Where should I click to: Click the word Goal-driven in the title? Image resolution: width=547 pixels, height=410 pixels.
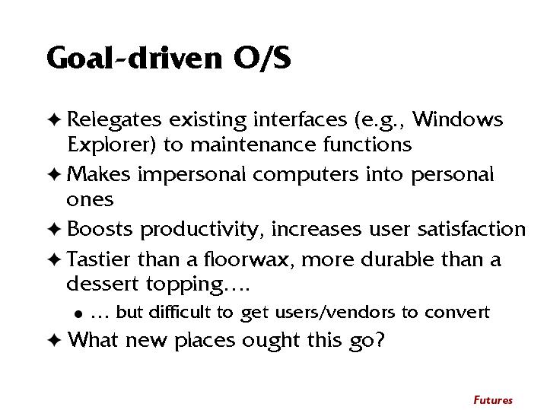(135, 57)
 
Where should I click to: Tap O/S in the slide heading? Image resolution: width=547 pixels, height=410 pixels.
(262, 58)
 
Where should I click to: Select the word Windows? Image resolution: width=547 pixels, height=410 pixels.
(457, 119)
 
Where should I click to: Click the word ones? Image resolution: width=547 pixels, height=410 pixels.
(90, 200)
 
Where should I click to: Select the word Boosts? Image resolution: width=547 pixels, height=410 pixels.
(100, 229)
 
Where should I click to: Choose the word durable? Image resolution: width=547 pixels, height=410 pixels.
(397, 259)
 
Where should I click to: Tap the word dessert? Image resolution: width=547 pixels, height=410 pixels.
(103, 284)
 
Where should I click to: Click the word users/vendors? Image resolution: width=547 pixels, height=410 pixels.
(335, 312)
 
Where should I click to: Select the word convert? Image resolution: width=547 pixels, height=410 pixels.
(457, 313)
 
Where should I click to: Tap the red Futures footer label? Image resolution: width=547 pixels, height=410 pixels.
(493, 400)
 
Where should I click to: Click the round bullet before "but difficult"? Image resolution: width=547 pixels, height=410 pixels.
(78, 314)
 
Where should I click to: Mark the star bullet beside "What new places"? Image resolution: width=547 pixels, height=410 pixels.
(54, 340)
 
